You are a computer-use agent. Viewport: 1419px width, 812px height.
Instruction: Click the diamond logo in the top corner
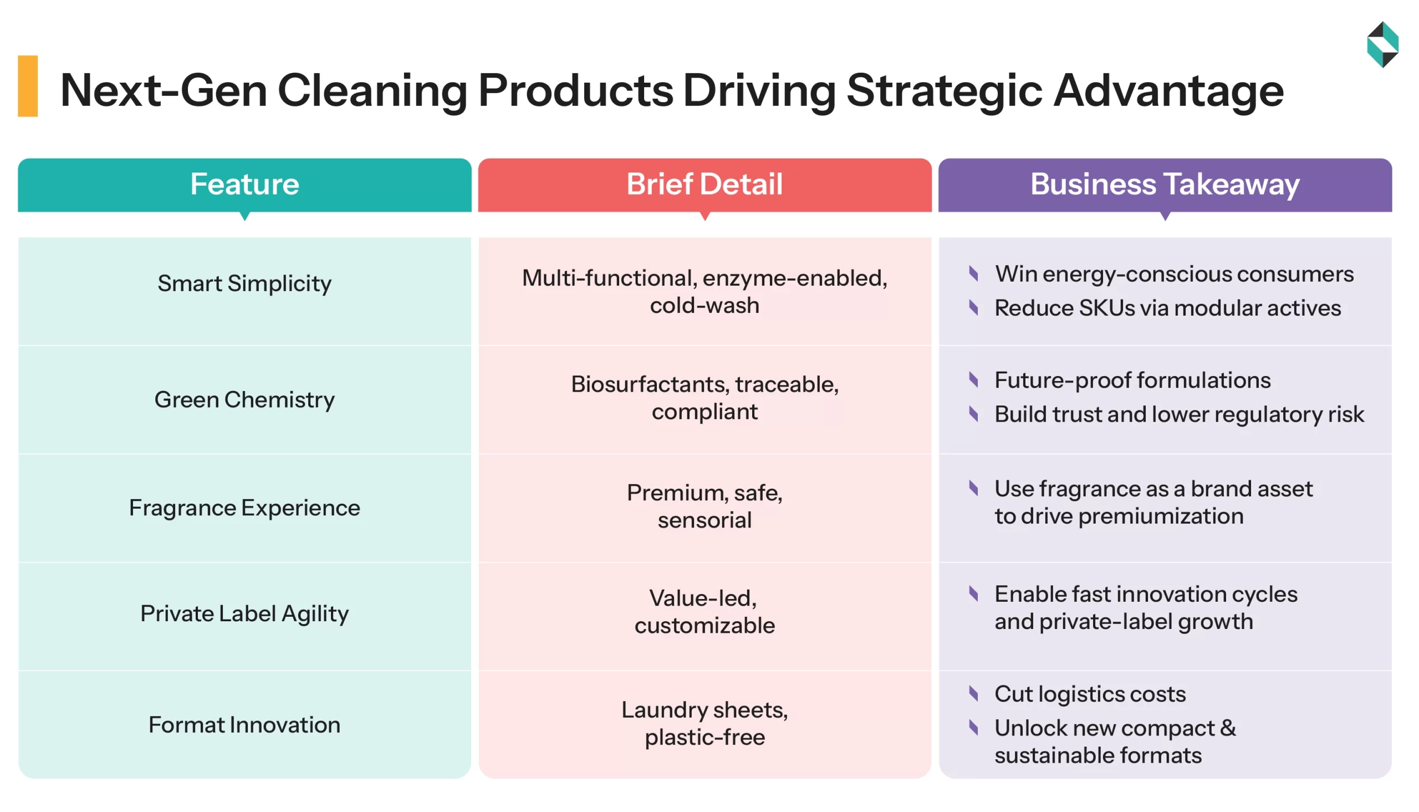tap(1382, 44)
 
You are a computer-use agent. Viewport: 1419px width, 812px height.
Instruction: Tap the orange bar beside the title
tap(28, 86)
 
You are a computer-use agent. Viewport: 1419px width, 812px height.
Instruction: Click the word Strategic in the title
tap(944, 91)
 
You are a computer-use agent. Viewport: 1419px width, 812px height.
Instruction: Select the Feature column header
tap(244, 185)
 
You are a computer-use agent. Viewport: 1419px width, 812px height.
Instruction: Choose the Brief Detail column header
tap(705, 185)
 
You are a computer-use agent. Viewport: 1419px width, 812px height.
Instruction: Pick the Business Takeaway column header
tap(1164, 185)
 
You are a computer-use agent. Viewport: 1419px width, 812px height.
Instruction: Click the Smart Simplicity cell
tap(244, 284)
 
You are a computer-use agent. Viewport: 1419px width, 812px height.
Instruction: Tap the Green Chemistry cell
tap(244, 400)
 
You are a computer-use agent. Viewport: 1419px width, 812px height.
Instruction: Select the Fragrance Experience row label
tap(244, 508)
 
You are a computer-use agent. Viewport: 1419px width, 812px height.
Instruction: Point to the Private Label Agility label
tap(244, 614)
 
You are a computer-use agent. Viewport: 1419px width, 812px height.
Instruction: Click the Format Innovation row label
tap(244, 725)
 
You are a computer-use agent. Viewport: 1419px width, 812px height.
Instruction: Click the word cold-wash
tap(705, 306)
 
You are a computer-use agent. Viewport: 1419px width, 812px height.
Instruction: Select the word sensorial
tap(705, 520)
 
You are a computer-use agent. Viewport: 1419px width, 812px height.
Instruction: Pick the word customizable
tap(705, 626)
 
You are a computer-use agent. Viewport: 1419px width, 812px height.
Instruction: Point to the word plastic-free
tap(705, 737)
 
